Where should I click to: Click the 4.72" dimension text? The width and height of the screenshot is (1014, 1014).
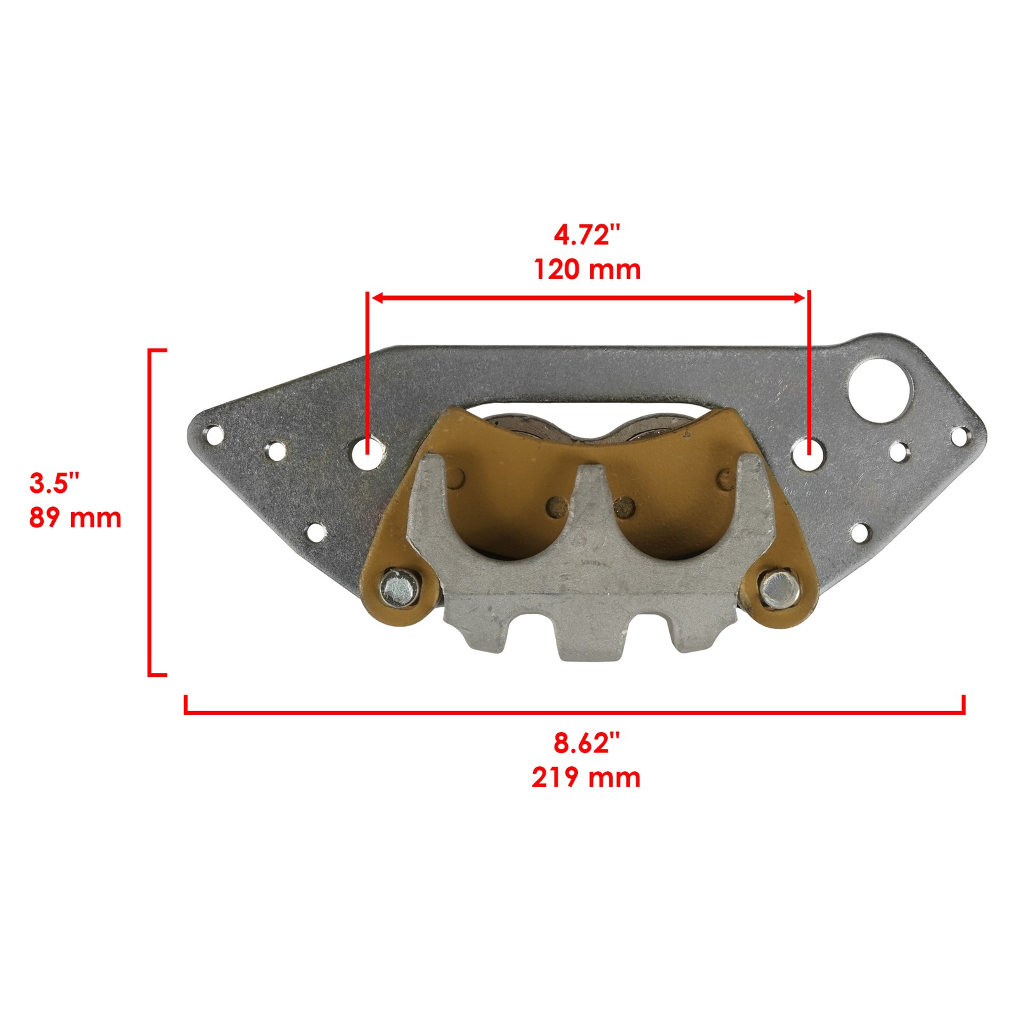point(586,236)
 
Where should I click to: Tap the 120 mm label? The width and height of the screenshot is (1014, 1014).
point(587,270)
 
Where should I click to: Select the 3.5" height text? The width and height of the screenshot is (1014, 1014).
point(55,484)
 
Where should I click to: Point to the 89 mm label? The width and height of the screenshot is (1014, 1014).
point(75,518)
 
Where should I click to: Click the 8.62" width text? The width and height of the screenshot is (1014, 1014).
point(586,743)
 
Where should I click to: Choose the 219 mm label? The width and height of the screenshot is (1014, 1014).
point(586,778)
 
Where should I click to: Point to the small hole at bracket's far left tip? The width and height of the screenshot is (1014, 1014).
point(214,435)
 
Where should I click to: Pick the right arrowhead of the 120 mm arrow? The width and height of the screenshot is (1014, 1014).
point(800,298)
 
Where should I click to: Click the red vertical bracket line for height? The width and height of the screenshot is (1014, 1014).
point(150,512)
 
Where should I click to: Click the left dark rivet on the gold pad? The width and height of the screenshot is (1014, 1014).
point(557,505)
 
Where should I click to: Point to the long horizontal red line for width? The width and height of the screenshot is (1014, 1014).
point(574,713)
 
